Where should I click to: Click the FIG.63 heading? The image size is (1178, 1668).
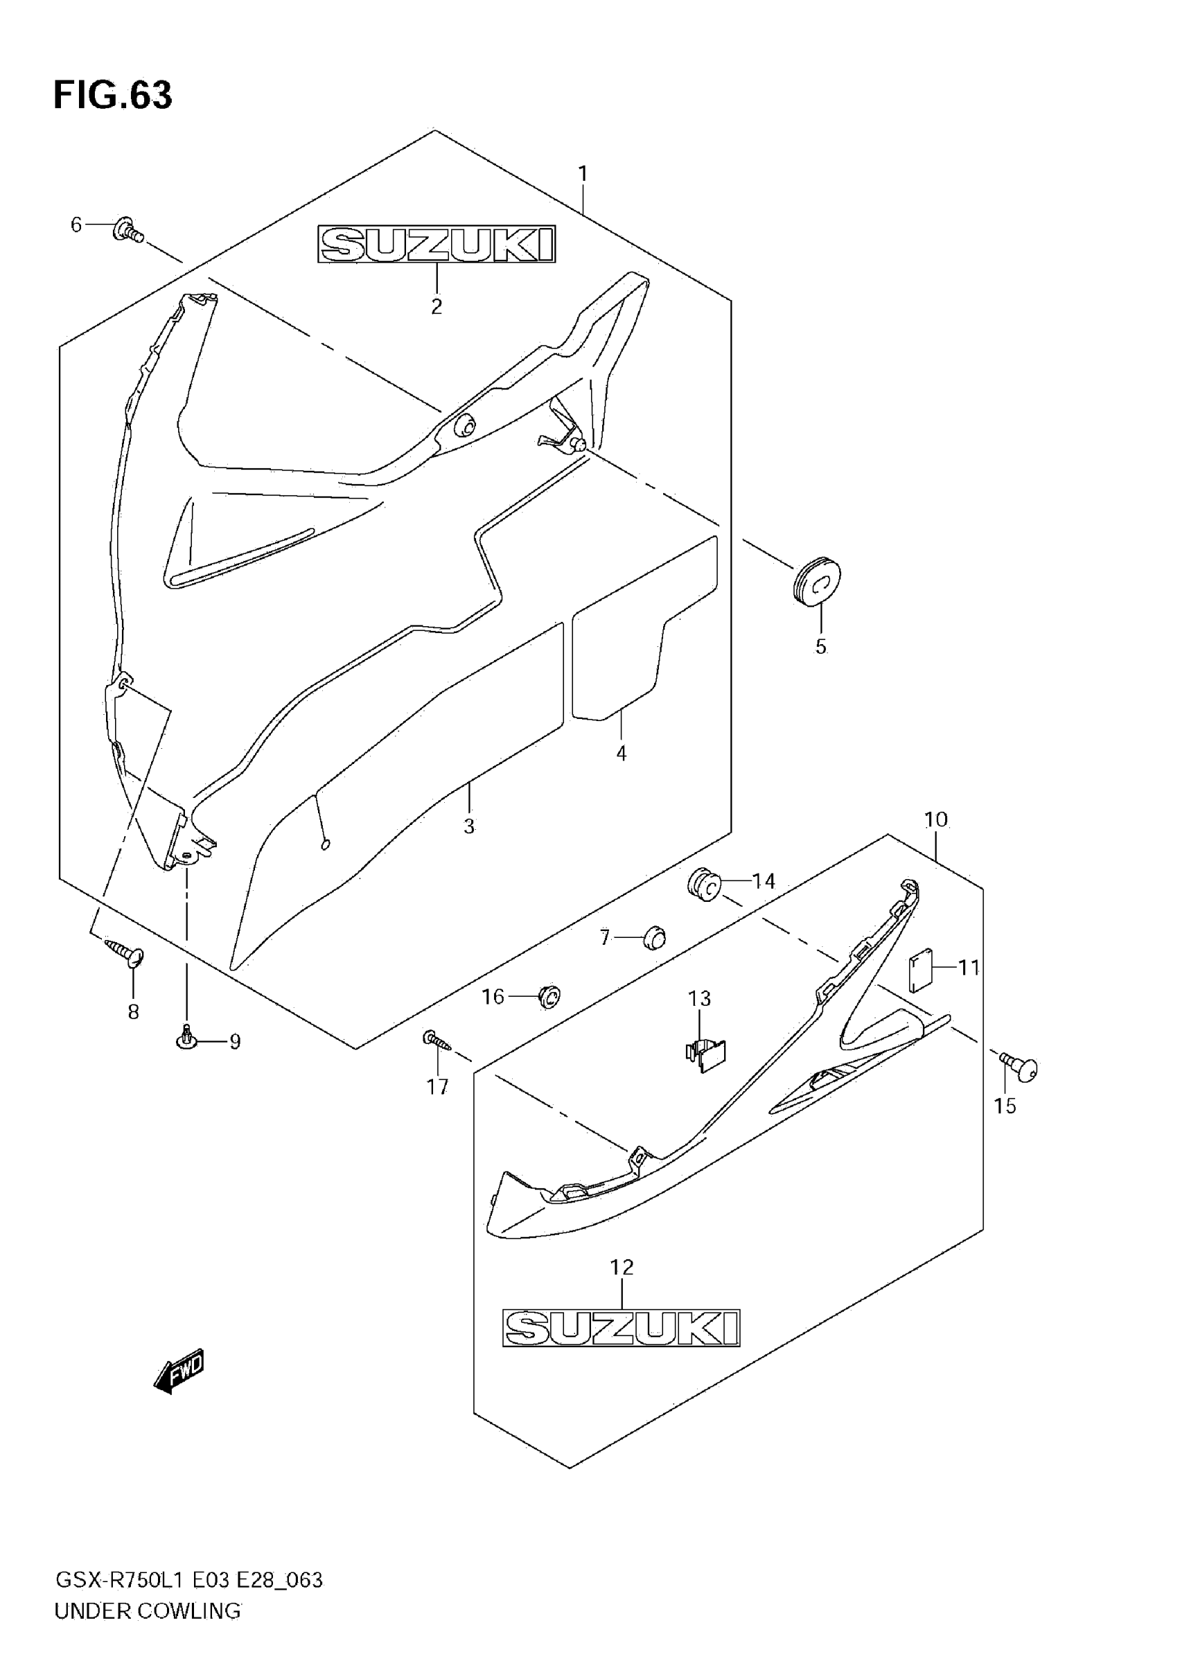tap(113, 95)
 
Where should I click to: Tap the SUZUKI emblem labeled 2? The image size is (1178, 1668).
tap(436, 244)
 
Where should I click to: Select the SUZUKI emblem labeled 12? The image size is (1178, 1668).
tap(622, 1328)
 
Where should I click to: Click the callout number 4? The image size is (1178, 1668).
tap(622, 754)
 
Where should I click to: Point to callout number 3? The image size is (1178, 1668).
tap(469, 826)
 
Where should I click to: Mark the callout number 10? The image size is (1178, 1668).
tap(936, 819)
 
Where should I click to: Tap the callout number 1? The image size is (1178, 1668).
tap(583, 175)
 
